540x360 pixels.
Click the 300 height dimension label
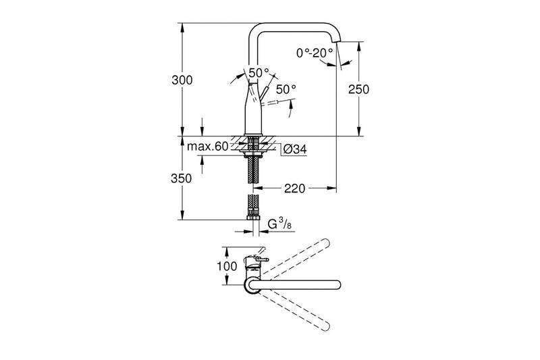[182, 80]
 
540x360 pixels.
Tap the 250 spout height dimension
[358, 89]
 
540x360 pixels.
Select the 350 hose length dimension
[181, 178]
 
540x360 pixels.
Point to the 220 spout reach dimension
[294, 188]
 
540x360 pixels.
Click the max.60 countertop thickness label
[208, 147]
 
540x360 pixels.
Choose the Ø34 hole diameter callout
[295, 149]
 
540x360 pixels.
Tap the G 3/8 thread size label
[279, 224]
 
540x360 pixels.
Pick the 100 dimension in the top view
[227, 266]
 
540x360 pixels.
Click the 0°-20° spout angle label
[315, 53]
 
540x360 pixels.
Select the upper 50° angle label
[259, 73]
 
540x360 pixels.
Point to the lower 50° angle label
[286, 89]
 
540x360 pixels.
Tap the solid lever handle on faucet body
[265, 93]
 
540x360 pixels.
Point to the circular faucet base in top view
[252, 285]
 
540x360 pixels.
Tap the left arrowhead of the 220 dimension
[257, 188]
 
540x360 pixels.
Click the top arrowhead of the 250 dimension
[358, 46]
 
